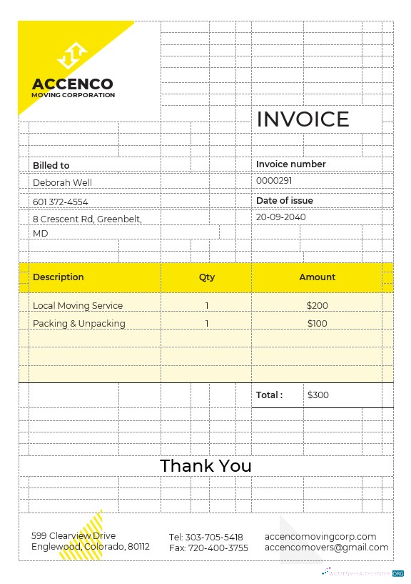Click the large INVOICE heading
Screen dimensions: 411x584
(x=303, y=119)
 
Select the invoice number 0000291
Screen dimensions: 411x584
(x=274, y=181)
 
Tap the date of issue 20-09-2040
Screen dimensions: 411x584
(x=280, y=217)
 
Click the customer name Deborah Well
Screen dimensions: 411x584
(x=63, y=183)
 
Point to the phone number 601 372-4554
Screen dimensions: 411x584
(x=61, y=202)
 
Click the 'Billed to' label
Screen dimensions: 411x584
(x=51, y=165)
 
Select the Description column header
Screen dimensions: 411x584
(x=59, y=277)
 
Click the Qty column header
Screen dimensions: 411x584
(x=207, y=277)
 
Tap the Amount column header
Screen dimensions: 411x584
(x=317, y=277)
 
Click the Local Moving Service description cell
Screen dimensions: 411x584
(x=78, y=305)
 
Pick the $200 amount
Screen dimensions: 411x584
(x=317, y=305)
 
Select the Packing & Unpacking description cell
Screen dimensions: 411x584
(x=79, y=323)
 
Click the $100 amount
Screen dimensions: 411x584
(x=317, y=323)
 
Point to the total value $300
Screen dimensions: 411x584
(x=318, y=395)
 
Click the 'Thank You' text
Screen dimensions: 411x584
(x=205, y=466)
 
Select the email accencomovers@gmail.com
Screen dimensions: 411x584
(x=326, y=548)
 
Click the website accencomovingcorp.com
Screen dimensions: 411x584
(x=320, y=536)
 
